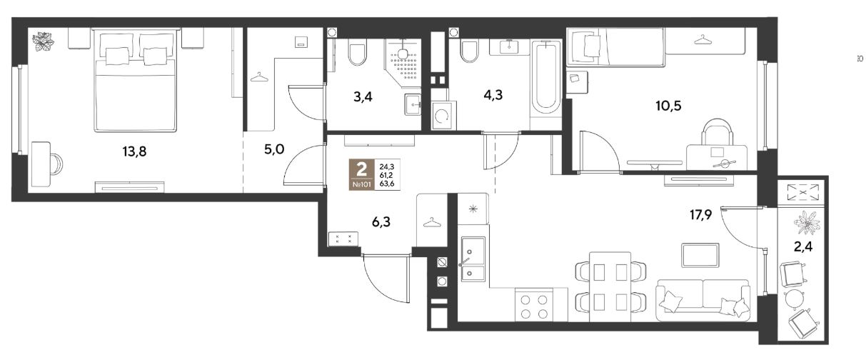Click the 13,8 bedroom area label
click(x=134, y=151)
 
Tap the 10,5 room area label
click(x=668, y=105)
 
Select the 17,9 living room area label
click(x=701, y=214)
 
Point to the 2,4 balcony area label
click(x=803, y=246)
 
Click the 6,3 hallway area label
click(x=381, y=222)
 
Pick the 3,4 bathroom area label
click(x=363, y=96)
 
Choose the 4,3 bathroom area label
click(x=493, y=95)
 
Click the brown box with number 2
click(x=361, y=174)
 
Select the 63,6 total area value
click(x=387, y=184)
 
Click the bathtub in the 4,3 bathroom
click(x=545, y=77)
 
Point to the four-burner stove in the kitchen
click(x=534, y=306)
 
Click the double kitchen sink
click(x=473, y=259)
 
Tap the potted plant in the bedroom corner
click(x=43, y=41)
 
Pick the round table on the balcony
click(x=794, y=299)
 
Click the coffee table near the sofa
click(x=700, y=255)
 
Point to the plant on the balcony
click(x=807, y=223)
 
